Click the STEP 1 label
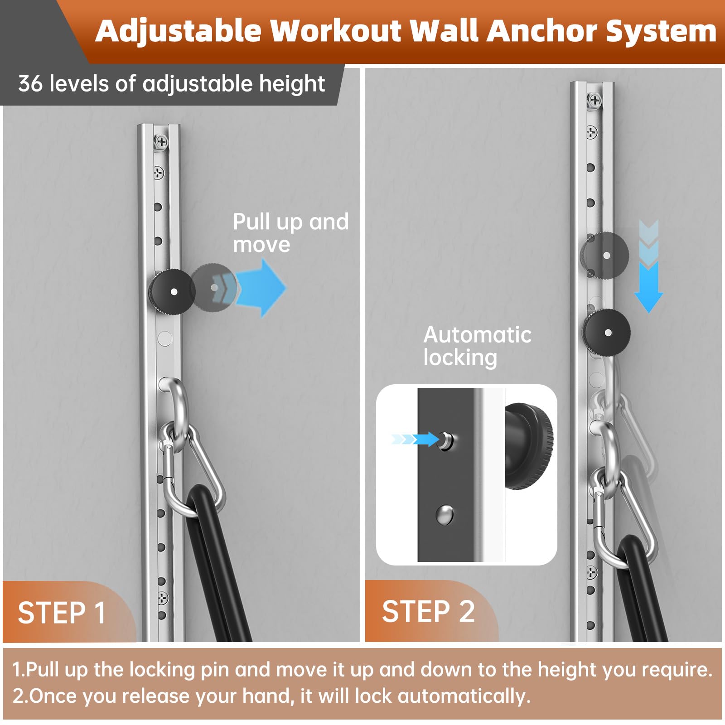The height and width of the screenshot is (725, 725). coord(62,613)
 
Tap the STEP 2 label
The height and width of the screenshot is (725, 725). coord(428,611)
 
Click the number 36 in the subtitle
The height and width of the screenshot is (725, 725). coord(31,84)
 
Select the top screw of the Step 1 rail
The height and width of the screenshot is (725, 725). coord(161,142)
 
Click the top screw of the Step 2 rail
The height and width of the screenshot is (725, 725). coord(594,100)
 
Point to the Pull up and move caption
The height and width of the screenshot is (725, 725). coord(290,233)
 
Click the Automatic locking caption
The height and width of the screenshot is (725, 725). coord(478,346)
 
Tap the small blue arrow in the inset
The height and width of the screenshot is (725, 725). coord(415,439)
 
